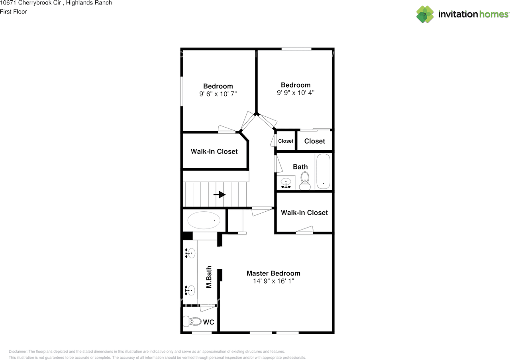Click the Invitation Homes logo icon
click(425, 14)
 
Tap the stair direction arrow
click(220, 195)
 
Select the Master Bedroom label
click(273, 273)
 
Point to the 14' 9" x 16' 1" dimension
click(273, 281)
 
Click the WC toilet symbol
click(192, 321)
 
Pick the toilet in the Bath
click(305, 181)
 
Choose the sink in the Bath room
click(286, 183)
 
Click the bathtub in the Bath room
click(323, 172)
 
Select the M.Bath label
click(208, 277)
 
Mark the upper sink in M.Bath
click(190, 253)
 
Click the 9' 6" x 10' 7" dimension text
click(218, 94)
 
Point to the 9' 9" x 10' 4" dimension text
click(296, 93)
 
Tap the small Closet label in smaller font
click(286, 141)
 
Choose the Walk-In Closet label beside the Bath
click(304, 212)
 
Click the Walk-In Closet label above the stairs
click(214, 151)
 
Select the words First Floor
click(14, 12)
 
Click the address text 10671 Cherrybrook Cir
click(30, 3)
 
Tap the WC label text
click(209, 322)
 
